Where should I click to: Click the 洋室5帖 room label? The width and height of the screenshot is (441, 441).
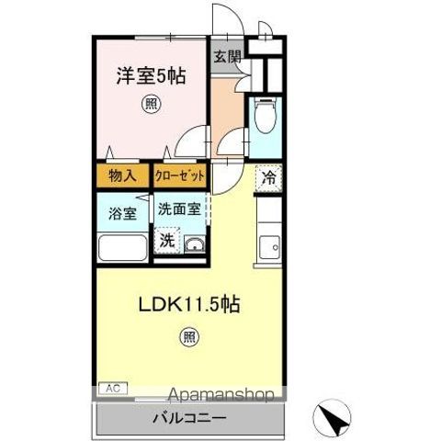point(151,76)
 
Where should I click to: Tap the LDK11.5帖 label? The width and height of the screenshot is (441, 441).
point(189,304)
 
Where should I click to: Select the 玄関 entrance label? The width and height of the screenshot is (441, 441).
point(227,56)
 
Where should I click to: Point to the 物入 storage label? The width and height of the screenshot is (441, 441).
point(122,175)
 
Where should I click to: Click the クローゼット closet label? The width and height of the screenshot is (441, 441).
point(179,175)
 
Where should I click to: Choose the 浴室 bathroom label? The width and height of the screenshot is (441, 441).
point(122,213)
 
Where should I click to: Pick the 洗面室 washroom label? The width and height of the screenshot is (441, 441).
point(179,209)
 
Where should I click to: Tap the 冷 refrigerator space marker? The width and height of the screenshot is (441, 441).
point(269,178)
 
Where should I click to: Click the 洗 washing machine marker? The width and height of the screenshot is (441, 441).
point(167,241)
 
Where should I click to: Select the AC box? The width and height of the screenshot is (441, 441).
point(113,389)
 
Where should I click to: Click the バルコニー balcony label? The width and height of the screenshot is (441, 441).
point(190,418)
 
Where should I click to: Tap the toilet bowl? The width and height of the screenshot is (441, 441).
point(265,116)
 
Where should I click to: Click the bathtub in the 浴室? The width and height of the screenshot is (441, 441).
point(122,248)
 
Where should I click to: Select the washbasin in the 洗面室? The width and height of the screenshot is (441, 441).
point(194,244)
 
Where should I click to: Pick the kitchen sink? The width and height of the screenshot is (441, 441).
point(269,247)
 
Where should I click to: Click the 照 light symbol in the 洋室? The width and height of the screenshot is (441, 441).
point(151,104)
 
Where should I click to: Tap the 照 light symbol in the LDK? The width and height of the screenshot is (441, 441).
point(189,337)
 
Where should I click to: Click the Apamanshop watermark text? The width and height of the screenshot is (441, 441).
point(220,394)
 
